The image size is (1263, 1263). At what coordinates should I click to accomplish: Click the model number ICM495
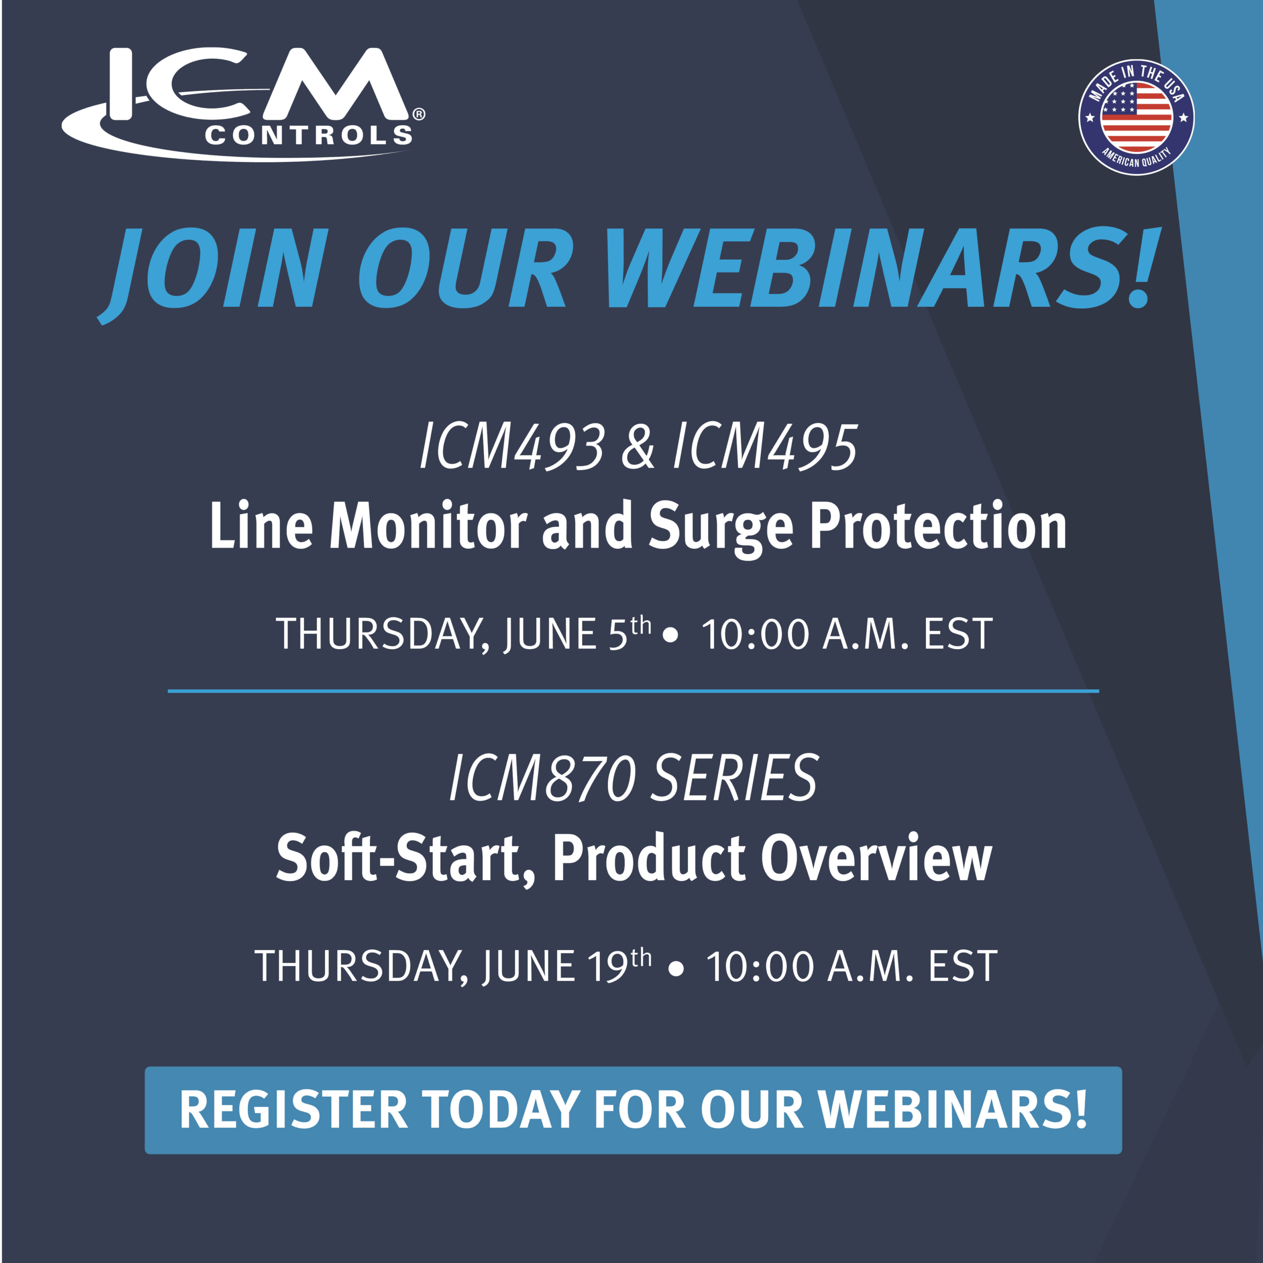(765, 446)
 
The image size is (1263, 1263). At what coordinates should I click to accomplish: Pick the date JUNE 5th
(577, 633)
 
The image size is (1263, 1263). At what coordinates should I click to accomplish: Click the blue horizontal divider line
(633, 690)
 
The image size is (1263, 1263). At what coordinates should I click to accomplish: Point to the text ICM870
(543, 778)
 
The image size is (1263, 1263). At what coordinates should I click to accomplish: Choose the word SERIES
(735, 778)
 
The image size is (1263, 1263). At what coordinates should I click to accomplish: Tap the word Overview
(876, 858)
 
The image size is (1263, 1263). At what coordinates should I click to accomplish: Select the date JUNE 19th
(567, 966)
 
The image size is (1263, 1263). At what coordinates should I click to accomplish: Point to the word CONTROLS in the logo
(308, 135)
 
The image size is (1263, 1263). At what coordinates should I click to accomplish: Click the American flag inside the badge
(1136, 118)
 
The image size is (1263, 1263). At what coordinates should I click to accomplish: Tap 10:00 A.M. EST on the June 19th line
(852, 966)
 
